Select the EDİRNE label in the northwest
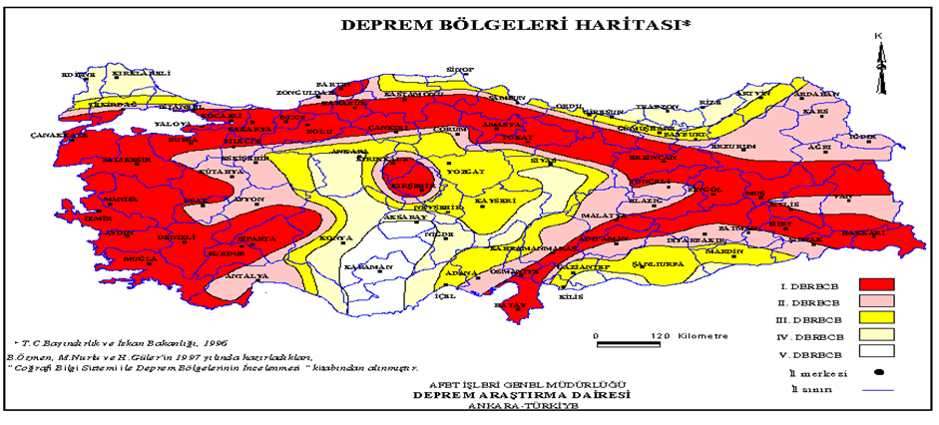[78, 75]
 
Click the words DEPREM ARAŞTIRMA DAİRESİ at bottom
[512, 395]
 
